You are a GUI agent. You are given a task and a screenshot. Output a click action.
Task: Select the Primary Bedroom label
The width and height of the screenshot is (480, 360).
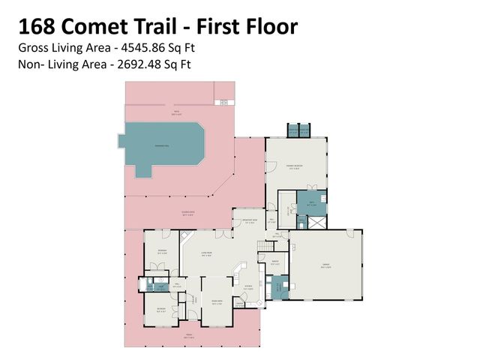tap(297, 168)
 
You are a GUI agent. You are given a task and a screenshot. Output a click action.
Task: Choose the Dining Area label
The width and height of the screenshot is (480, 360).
tap(217, 303)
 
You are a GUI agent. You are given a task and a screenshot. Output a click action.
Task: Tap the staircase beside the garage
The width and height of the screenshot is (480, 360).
tap(265, 247)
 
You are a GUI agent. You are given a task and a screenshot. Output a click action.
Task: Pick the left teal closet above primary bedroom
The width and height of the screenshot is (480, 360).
tap(293, 130)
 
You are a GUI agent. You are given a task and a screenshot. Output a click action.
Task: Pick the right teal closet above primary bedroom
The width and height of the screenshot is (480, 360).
tap(304, 130)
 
